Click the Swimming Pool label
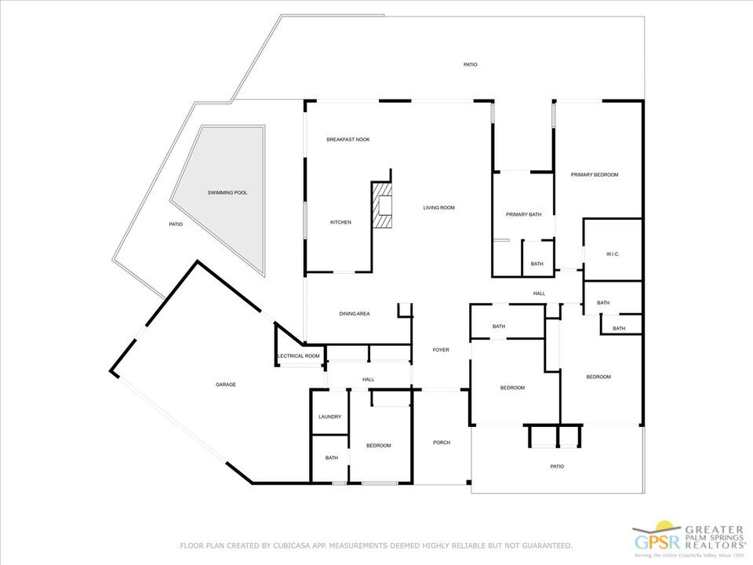pos(227,192)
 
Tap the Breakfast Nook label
pos(348,140)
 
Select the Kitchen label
pos(340,223)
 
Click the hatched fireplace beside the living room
pos(384,205)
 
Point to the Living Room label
pos(439,208)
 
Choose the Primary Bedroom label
pos(595,175)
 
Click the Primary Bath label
pos(524,215)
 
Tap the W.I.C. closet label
pos(613,254)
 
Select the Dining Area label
pos(355,314)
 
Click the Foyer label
pos(442,350)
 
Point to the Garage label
pos(226,385)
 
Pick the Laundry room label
pos(329,417)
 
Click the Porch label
pos(442,443)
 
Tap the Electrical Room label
pos(300,356)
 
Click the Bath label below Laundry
pos(332,458)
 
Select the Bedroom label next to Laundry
pos(379,446)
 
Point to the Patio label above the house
pos(470,64)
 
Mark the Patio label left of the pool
pos(176,225)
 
